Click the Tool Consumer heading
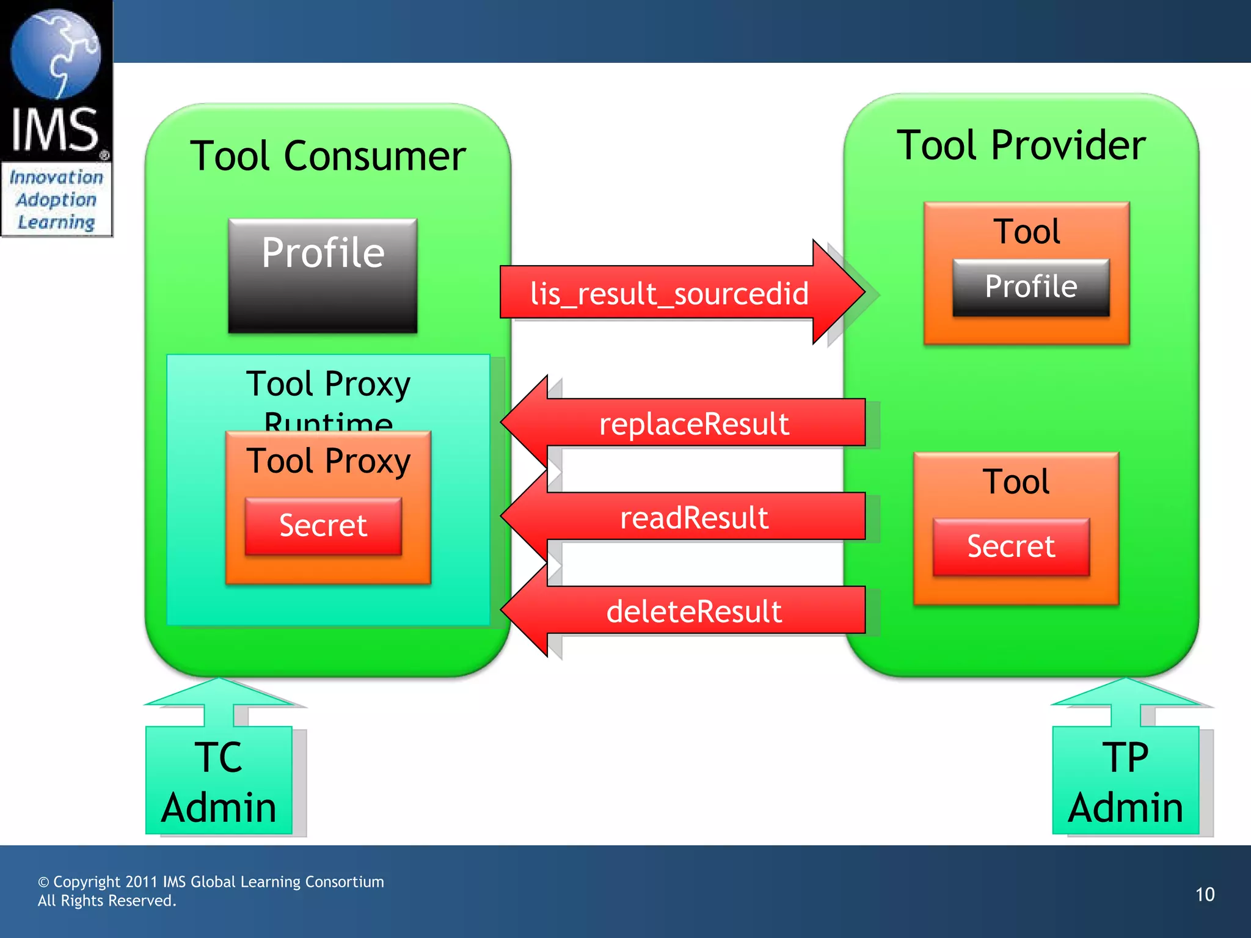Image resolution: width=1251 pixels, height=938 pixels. point(328,156)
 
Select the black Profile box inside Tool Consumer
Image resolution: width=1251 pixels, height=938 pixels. point(323,275)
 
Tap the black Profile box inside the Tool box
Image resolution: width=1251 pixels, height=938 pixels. point(1030,287)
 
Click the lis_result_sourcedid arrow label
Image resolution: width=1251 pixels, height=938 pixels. point(669,294)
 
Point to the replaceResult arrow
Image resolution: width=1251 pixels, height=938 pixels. point(693,424)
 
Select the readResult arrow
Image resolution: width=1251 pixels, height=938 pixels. point(693,518)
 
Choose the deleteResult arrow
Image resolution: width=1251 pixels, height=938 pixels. point(693,611)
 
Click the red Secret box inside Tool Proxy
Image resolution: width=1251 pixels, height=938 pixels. point(323,526)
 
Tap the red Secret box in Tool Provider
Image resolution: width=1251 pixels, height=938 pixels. point(1011,547)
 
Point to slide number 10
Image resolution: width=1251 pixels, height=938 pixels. point(1205,895)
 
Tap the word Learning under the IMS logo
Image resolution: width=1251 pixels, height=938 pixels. point(56,222)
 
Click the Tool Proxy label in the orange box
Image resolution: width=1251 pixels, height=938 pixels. point(328,461)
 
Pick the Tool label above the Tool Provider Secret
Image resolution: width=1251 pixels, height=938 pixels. point(1016,482)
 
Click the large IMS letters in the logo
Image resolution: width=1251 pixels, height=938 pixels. point(55,129)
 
